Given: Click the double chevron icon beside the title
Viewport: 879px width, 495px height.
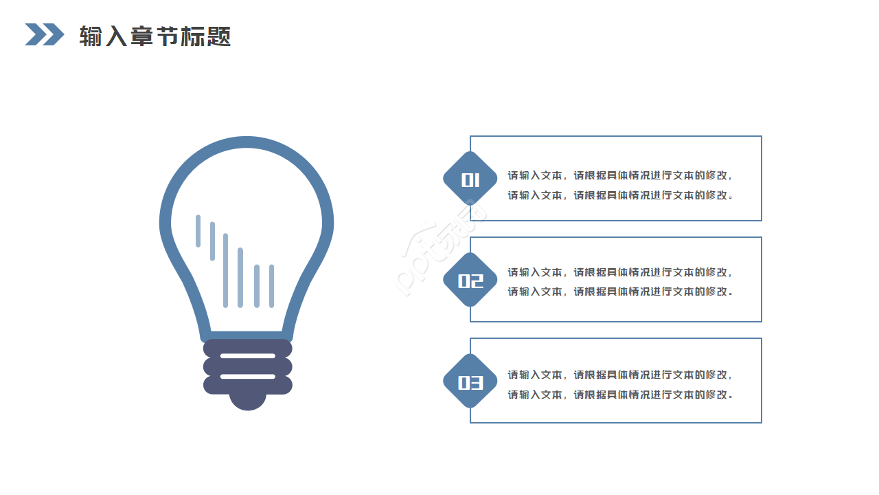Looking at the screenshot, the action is click(45, 34).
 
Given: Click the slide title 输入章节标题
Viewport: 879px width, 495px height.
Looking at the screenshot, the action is click(155, 36).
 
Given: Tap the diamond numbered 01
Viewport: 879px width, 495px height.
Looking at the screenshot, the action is click(470, 178).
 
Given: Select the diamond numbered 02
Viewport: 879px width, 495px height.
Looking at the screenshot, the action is click(470, 279).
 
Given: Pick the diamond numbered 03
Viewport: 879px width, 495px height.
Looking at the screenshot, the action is click(470, 381).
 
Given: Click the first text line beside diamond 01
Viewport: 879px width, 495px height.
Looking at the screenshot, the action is click(619, 175).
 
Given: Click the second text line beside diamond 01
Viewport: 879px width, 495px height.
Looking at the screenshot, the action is click(619, 195).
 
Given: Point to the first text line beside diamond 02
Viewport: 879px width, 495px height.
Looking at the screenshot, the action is click(619, 272).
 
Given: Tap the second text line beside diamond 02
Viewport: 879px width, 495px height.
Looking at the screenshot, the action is click(619, 291).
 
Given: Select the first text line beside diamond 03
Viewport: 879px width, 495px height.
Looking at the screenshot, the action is click(619, 375).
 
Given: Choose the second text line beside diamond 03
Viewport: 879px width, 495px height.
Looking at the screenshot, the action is click(619, 395).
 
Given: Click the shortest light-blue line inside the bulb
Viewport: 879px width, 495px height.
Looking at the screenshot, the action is click(198, 231).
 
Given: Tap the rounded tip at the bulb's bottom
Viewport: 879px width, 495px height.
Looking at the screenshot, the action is click(248, 402).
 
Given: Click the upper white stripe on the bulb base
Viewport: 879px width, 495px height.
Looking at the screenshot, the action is click(248, 356).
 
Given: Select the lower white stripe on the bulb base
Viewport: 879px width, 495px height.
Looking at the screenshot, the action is click(248, 376).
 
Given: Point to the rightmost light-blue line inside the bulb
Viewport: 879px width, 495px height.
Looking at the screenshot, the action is click(271, 286).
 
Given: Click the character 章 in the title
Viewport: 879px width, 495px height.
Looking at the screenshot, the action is click(142, 36).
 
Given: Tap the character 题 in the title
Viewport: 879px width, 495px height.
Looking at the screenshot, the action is click(218, 36).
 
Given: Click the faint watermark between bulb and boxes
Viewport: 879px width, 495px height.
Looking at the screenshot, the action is click(440, 247).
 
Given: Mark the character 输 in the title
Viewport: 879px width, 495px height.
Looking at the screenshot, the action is click(91, 36).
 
